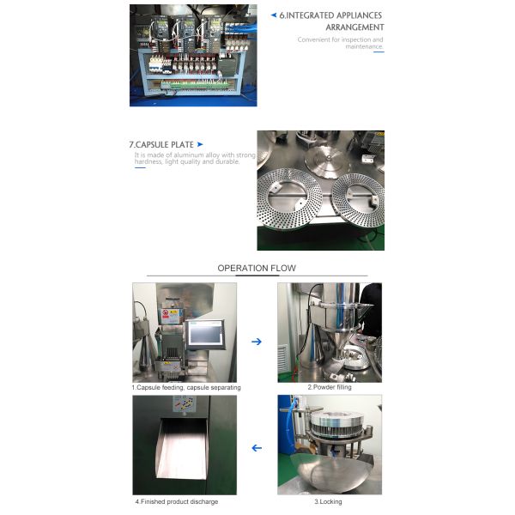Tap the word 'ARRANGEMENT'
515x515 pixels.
(354, 27)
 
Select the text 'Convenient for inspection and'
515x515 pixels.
(341, 39)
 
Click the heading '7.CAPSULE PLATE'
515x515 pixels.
(161, 144)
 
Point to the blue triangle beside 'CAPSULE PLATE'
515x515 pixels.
(200, 144)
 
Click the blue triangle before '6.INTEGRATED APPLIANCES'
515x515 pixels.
(273, 15)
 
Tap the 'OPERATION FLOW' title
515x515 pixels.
(257, 269)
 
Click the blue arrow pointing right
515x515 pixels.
(256, 341)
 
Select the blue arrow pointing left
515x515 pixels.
(256, 447)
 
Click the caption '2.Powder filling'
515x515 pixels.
(330, 388)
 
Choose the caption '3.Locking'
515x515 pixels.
(330, 500)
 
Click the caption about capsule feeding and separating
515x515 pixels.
(186, 388)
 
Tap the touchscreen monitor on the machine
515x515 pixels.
(206, 334)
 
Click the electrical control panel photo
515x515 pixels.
(193, 56)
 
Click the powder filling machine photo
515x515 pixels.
(330, 332)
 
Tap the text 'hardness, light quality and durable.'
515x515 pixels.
(181, 162)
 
